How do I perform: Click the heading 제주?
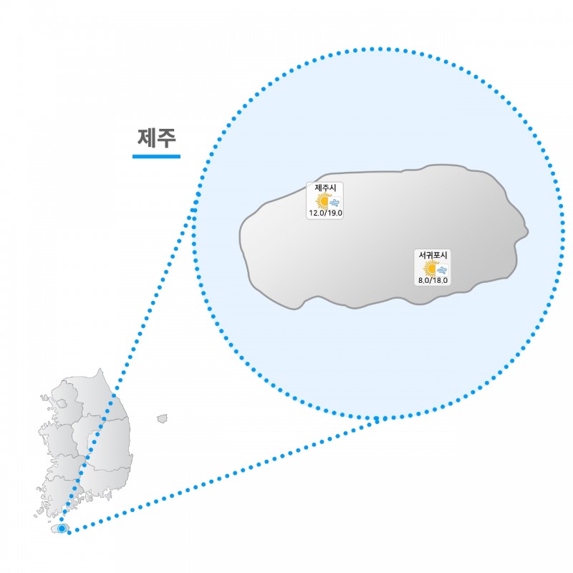[x=156, y=137]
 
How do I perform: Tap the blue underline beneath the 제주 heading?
[x=156, y=155]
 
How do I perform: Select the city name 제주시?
[x=325, y=188]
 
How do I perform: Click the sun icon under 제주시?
[x=323, y=201]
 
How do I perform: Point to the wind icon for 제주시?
[x=334, y=202]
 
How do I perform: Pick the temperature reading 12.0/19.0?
[x=325, y=213]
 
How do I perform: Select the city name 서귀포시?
[x=433, y=255]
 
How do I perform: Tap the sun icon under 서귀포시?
[x=430, y=268]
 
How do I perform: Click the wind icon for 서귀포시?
[x=442, y=270]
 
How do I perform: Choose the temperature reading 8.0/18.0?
[x=433, y=280]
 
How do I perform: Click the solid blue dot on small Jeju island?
[x=62, y=529]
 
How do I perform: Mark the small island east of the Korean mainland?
[x=162, y=418]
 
